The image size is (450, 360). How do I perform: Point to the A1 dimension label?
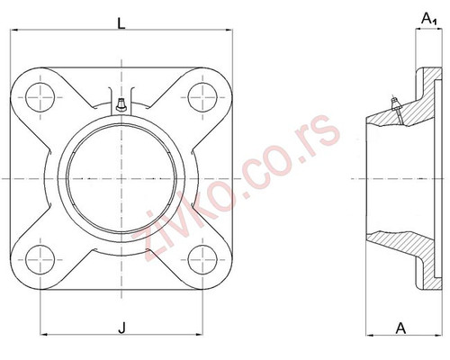430,18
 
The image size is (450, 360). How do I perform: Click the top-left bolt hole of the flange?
40,96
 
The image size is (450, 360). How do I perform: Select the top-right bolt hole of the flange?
206,96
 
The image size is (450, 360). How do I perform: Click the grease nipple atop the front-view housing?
119,104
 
